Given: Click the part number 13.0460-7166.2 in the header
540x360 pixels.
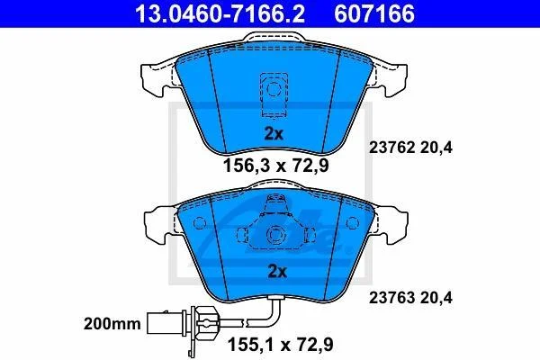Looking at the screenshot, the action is (220, 14).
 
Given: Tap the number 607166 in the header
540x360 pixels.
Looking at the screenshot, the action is (374, 14).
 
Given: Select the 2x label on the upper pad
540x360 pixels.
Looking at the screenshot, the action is (274, 133).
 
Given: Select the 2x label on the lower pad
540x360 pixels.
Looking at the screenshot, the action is (277, 272).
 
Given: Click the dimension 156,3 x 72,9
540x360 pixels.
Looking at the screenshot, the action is (276, 166).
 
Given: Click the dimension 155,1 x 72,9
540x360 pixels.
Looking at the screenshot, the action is (281, 345).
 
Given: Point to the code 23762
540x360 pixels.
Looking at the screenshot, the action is (391, 148).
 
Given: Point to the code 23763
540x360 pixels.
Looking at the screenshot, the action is (391, 298).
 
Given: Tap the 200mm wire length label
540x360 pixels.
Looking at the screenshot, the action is (112, 324).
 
